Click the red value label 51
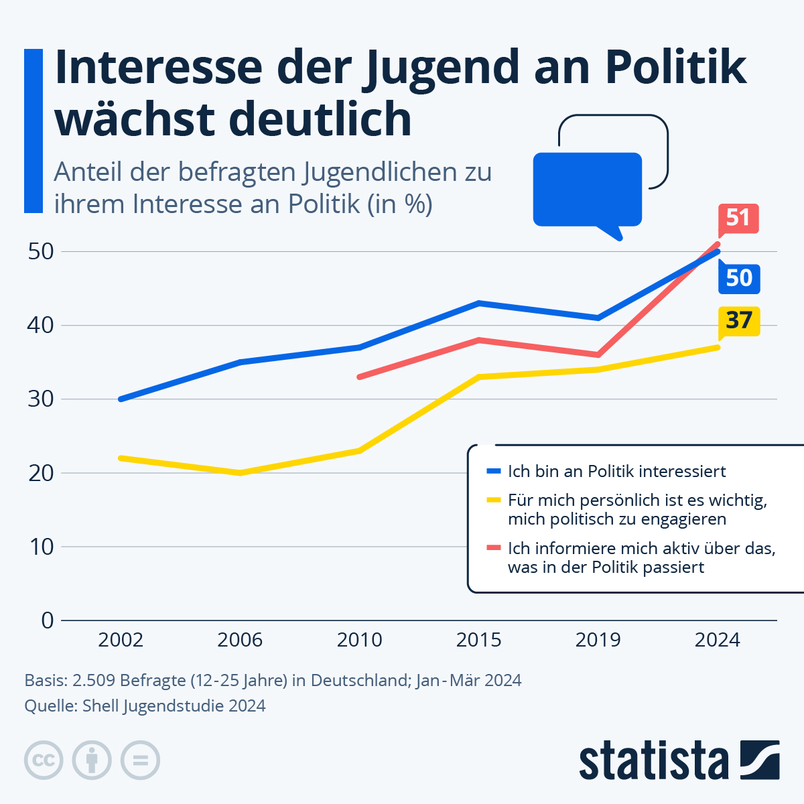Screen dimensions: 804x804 point(738,218)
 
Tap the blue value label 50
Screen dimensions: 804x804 point(739,277)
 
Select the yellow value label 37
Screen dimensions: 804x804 point(739,320)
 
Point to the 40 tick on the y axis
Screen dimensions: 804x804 point(40,326)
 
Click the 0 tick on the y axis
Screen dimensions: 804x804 point(47,620)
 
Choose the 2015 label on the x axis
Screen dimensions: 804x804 point(478,640)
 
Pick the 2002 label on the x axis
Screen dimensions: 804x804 point(121,640)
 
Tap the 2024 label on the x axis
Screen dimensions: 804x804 point(717,640)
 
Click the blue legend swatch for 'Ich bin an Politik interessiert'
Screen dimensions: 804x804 point(493,471)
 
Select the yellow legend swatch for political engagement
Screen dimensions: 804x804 point(493,500)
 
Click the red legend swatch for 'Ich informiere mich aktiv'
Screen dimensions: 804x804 point(493,548)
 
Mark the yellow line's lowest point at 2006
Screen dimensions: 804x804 point(240,473)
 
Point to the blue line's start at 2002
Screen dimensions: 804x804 point(121,399)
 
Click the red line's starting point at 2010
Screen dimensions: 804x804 point(360,377)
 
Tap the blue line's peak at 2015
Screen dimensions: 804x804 point(478,304)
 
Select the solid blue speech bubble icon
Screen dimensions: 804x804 point(587,190)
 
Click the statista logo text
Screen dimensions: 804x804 point(653,761)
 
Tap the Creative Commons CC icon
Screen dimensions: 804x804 point(44,760)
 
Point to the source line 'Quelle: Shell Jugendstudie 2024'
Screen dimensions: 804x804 point(145,706)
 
